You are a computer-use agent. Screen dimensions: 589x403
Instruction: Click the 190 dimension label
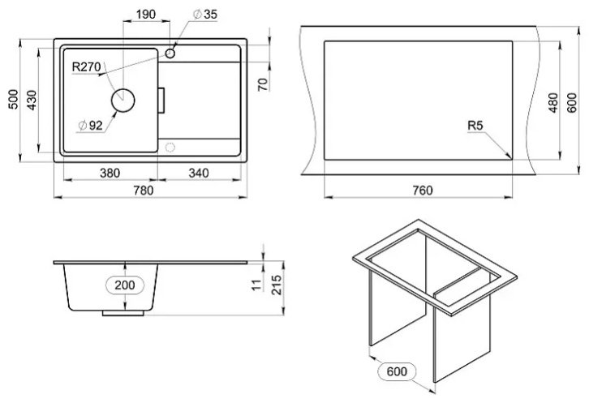146,15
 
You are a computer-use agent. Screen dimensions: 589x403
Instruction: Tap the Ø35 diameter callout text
205,15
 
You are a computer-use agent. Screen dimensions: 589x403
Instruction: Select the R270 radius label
86,66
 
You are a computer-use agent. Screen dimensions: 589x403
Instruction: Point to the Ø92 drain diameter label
90,126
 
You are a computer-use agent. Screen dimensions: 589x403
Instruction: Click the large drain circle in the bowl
123,101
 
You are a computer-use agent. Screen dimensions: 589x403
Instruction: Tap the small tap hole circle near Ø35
170,54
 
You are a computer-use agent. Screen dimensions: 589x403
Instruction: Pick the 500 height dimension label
13,99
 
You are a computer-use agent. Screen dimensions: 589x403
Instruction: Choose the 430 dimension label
32,100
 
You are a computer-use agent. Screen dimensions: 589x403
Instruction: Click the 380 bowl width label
110,174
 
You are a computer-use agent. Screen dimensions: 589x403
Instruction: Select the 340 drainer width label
199,174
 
